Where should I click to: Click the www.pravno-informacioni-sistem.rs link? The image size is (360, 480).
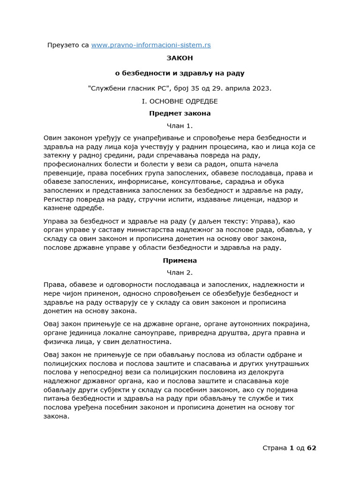click(x=151, y=45)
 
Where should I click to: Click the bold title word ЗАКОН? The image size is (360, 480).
click(x=180, y=58)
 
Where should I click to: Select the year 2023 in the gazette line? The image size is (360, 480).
click(x=262, y=88)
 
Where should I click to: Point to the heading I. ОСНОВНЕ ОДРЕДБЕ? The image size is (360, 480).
click(x=180, y=101)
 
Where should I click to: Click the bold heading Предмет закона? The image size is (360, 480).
click(x=180, y=113)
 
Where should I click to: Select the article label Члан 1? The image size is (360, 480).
click(x=180, y=126)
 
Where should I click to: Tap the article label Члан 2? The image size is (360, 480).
click(x=180, y=272)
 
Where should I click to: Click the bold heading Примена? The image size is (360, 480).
click(x=180, y=260)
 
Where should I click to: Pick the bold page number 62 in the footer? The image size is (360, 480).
click(x=312, y=448)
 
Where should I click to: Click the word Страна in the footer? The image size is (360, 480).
click(x=275, y=448)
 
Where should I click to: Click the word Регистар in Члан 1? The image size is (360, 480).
click(x=59, y=199)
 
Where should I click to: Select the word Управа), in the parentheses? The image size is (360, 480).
click(x=281, y=221)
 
